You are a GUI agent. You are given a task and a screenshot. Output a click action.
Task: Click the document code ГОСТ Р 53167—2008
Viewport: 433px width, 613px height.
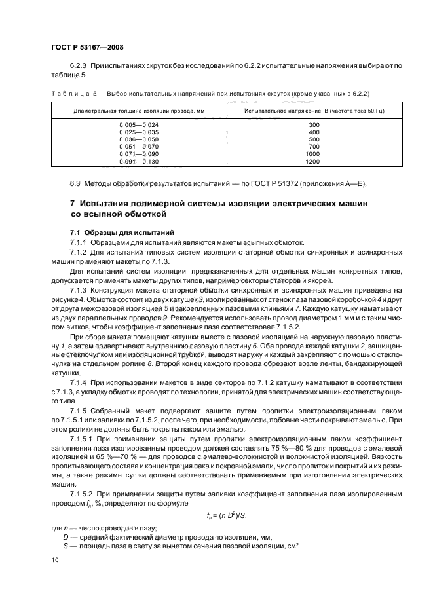point(88,47)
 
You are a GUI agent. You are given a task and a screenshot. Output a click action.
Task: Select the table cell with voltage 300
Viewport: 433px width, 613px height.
point(313,124)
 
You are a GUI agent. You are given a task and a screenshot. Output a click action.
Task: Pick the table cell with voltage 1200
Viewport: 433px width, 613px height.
point(313,161)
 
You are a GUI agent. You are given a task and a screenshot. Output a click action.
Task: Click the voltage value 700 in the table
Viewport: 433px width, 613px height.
point(313,147)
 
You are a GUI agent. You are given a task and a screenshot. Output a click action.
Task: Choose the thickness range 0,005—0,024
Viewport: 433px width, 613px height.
point(138,124)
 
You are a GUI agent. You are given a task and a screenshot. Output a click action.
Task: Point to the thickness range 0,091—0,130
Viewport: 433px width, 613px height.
point(138,161)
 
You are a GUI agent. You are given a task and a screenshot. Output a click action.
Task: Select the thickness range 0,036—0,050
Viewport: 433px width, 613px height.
point(138,139)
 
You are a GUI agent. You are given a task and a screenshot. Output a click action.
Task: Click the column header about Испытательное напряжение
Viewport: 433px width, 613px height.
point(313,111)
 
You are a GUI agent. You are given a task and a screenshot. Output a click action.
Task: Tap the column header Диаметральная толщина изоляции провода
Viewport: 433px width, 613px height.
point(138,111)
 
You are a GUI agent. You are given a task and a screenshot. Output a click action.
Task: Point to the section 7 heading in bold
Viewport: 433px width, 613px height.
point(219,209)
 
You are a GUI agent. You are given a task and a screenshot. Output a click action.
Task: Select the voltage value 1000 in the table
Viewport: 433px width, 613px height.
point(313,154)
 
